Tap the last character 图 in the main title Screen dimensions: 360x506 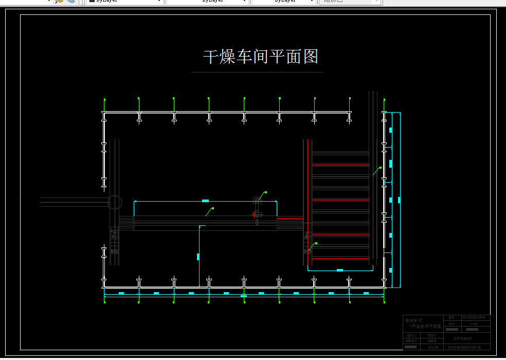[x=311, y=57]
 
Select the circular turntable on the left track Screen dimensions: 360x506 [x=114, y=202]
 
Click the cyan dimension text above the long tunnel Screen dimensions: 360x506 [x=205, y=200]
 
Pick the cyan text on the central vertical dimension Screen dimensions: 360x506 [x=198, y=256]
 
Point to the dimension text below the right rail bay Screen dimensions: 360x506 [x=339, y=270]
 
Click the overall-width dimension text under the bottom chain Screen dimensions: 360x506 [x=243, y=296]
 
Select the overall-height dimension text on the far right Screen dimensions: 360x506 [x=399, y=200]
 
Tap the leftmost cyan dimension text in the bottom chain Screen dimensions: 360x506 [x=121, y=293]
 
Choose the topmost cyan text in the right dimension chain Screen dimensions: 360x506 [x=390, y=130]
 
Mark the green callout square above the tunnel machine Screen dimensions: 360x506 [x=266, y=192]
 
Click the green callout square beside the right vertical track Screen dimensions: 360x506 [x=381, y=168]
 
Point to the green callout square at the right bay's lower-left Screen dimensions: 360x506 [x=316, y=243]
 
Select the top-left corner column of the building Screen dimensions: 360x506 [x=104, y=114]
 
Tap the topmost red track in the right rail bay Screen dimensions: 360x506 [x=340, y=165]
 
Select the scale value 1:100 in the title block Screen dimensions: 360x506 [x=474, y=324]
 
